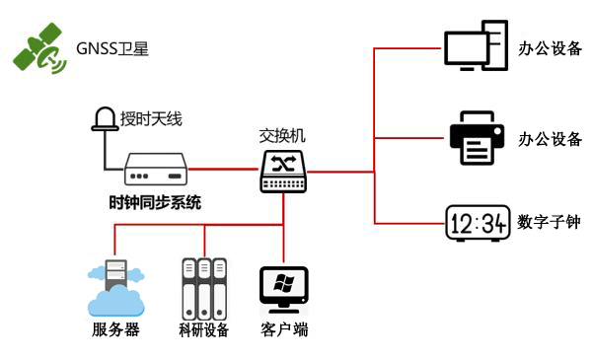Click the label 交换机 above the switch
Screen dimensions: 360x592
285,136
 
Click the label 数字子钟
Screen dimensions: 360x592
549,223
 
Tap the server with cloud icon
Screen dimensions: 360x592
112,287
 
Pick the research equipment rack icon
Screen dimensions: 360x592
203,286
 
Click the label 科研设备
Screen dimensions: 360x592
204,329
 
